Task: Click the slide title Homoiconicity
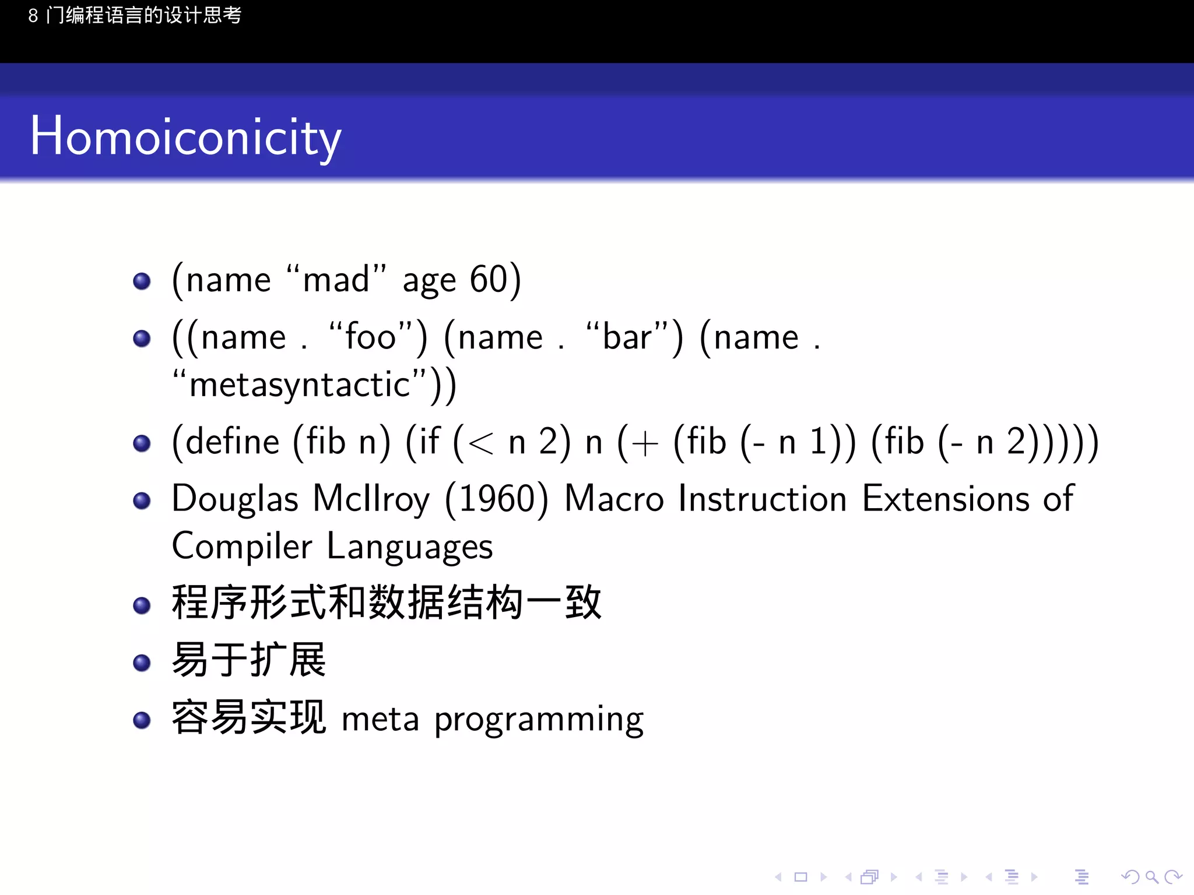click(185, 138)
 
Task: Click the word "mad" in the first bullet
click(336, 280)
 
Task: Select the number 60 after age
click(489, 280)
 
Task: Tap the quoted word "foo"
click(371, 337)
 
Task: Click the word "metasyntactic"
click(300, 385)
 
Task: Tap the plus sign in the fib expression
click(644, 444)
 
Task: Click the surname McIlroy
click(371, 499)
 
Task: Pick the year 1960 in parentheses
click(496, 499)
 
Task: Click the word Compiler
click(242, 547)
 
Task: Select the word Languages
click(410, 547)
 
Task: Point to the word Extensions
click(946, 499)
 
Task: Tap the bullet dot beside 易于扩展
click(142, 663)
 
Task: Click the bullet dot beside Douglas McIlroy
click(142, 501)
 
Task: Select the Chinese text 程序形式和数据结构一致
click(386, 602)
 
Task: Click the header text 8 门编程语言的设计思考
click(135, 15)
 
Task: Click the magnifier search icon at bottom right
click(1151, 877)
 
